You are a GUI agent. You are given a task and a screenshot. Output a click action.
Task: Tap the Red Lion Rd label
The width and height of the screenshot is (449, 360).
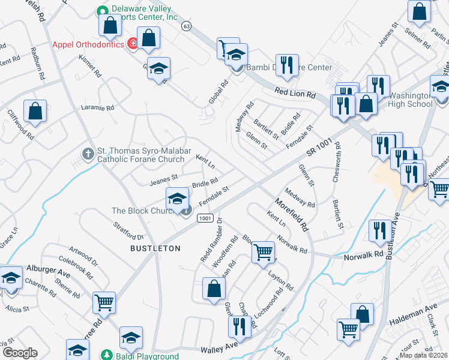click(295, 94)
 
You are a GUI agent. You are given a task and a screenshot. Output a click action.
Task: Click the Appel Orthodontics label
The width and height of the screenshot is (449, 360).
click(88, 44)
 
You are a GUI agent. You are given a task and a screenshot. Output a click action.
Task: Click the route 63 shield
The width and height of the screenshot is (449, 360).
click(187, 26)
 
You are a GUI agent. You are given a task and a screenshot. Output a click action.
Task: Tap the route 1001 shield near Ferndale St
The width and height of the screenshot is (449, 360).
click(205, 218)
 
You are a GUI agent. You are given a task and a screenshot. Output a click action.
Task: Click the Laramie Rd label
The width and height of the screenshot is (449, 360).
click(97, 109)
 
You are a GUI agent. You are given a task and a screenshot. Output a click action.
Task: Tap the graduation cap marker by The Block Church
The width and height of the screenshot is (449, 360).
click(177, 199)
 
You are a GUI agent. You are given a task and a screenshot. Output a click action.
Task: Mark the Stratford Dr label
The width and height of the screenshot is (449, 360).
click(128, 230)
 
